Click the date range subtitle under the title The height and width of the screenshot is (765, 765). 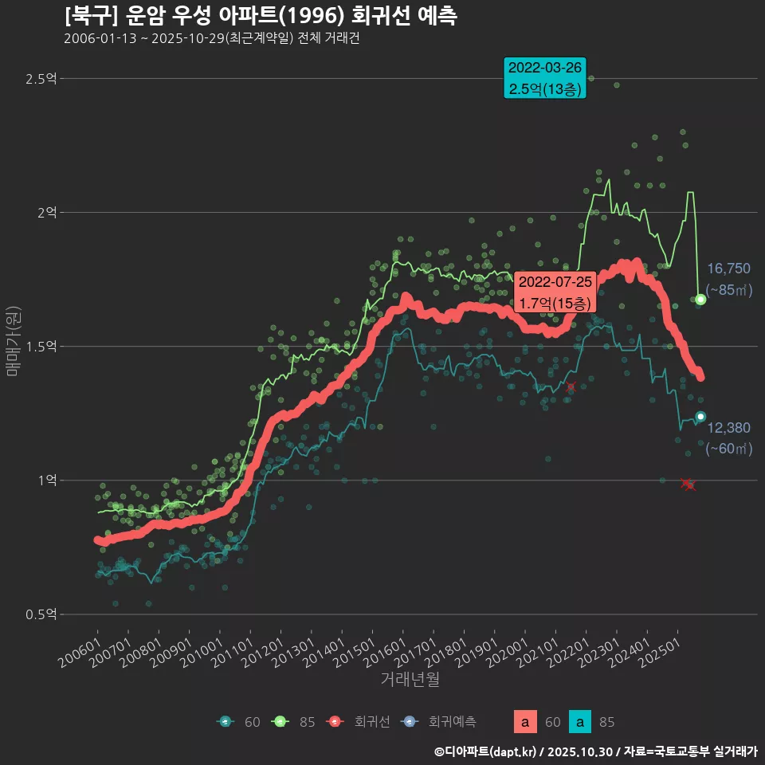coord(211,39)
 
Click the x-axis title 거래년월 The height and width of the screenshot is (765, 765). coord(410,680)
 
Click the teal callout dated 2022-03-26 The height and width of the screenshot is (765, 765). coord(545,78)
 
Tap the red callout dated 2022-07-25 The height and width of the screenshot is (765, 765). coord(555,292)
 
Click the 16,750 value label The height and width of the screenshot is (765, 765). coord(728,269)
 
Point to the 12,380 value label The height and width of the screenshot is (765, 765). coord(728,428)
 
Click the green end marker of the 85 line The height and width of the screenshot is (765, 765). coord(700,300)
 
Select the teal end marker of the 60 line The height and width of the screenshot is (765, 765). coord(700,417)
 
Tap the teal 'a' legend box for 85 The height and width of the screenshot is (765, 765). coord(581,722)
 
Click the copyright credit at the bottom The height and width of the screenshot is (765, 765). coord(595,751)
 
